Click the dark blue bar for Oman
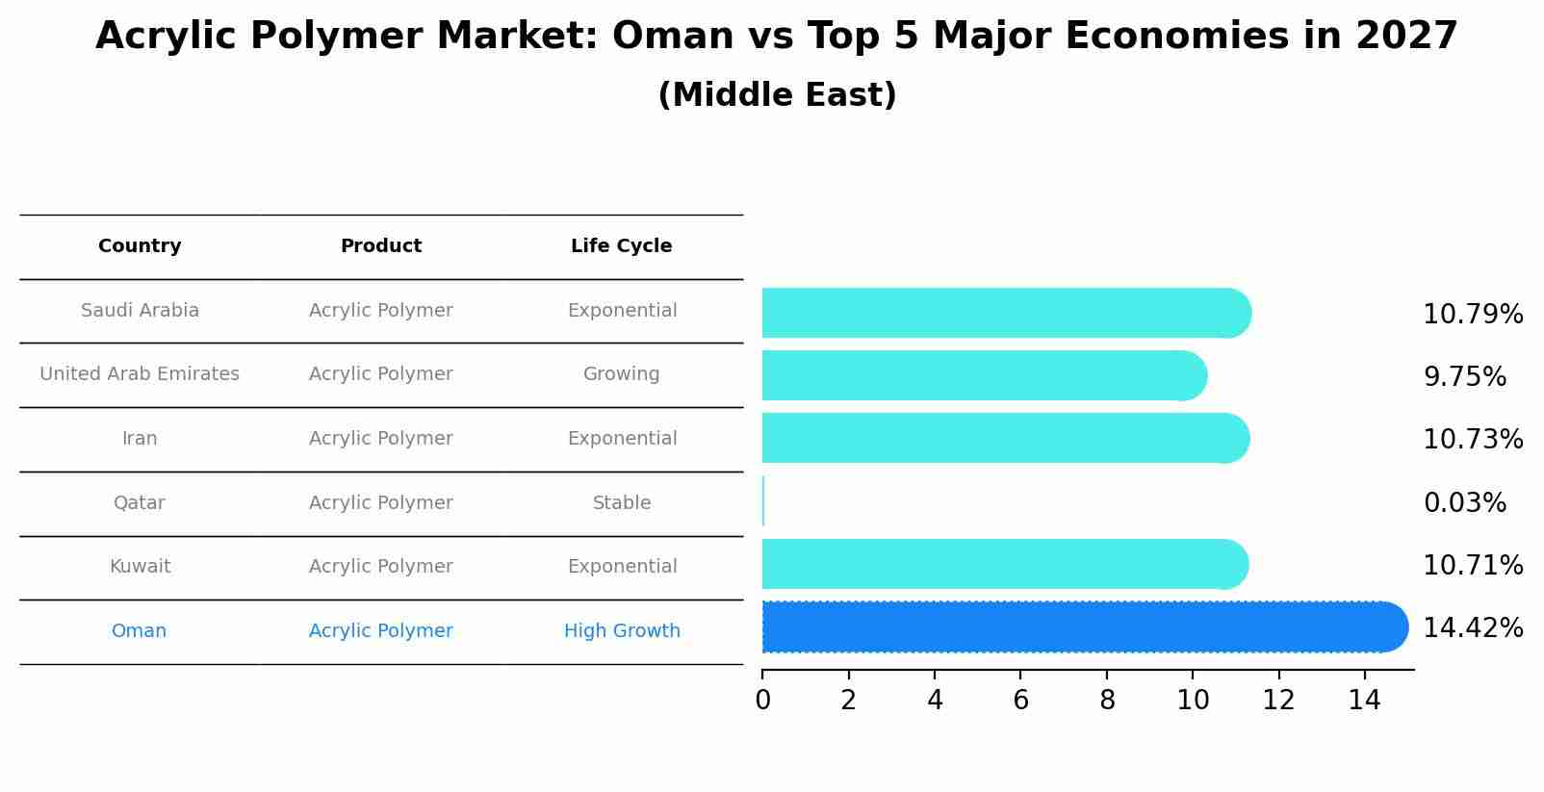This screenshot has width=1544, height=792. click(x=1078, y=627)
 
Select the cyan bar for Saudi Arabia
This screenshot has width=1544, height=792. click(x=1001, y=313)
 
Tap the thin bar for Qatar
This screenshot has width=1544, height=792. click(x=763, y=501)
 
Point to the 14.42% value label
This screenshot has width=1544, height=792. click(x=1472, y=628)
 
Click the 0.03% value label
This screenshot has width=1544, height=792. click(x=1464, y=503)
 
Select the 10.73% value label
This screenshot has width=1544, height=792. click(x=1472, y=440)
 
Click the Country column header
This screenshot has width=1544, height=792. click(x=140, y=246)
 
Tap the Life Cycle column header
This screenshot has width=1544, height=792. click(x=621, y=246)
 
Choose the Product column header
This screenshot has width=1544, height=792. click(x=381, y=246)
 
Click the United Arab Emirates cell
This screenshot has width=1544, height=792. click(x=140, y=374)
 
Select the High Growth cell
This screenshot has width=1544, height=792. click(x=622, y=631)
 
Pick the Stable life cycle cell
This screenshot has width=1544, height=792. click(x=622, y=503)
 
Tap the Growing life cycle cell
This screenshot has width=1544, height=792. click(x=622, y=374)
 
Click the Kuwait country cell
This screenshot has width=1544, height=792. click(x=140, y=567)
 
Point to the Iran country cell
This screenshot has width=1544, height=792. click(x=140, y=439)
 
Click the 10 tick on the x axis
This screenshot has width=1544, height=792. click(x=1193, y=701)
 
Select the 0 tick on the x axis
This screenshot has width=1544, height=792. click(x=762, y=701)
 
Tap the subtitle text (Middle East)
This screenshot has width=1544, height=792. click(x=777, y=95)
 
